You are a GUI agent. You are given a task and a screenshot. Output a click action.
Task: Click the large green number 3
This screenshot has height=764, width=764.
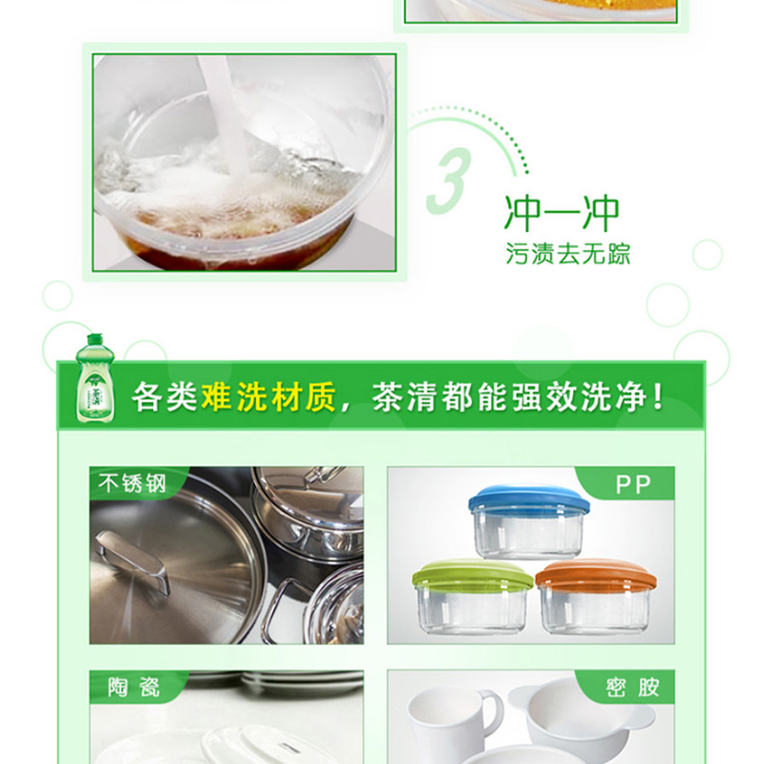pos(449,181)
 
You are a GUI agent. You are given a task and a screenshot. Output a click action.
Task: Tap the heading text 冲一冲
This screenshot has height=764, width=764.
pos(562,214)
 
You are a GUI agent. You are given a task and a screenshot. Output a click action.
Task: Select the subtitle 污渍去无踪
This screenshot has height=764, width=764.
pos(567,253)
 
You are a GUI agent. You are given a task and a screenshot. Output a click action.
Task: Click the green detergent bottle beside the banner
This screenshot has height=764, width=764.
pos(95,378)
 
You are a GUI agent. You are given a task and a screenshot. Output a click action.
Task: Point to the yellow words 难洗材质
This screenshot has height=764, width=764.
pos(268,396)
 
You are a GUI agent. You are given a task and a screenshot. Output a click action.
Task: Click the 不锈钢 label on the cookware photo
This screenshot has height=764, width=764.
pos(132,483)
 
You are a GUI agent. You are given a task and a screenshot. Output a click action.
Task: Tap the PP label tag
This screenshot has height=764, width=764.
pos(633,484)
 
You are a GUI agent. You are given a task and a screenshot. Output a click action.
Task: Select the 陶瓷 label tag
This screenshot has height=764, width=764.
pos(133,687)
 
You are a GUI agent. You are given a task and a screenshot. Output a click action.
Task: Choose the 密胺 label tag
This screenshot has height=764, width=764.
pos(632,687)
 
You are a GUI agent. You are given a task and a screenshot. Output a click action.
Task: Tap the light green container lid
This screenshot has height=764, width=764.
pos(472,573)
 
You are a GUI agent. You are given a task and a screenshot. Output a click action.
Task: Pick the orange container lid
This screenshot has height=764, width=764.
pos(595,573)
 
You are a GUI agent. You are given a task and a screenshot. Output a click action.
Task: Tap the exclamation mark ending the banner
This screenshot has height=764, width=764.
pos(658,396)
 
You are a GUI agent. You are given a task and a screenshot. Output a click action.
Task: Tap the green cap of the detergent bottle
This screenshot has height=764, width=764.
pos(95,339)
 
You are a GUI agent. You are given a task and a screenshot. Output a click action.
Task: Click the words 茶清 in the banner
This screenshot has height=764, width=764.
pos(404,396)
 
